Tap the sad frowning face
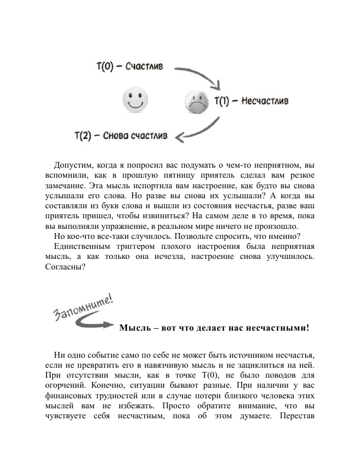[x=196, y=101]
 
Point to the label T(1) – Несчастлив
[x=251, y=102]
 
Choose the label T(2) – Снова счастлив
[x=122, y=135]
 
